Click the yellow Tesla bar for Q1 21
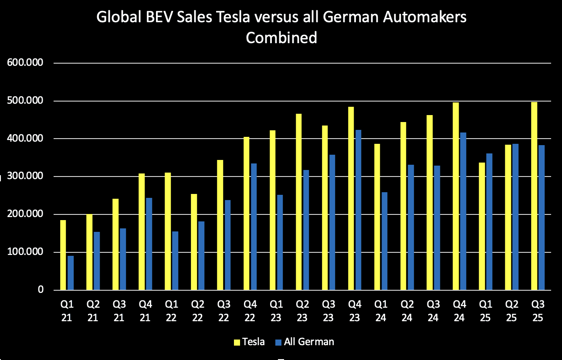63,255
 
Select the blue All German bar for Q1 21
71,273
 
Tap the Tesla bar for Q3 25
534,196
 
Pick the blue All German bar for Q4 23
358,210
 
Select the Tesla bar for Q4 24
456,196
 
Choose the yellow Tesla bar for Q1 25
482,226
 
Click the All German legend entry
305,342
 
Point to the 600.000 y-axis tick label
25,63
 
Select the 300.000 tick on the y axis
25,176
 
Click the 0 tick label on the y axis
40,290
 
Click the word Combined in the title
281,38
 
